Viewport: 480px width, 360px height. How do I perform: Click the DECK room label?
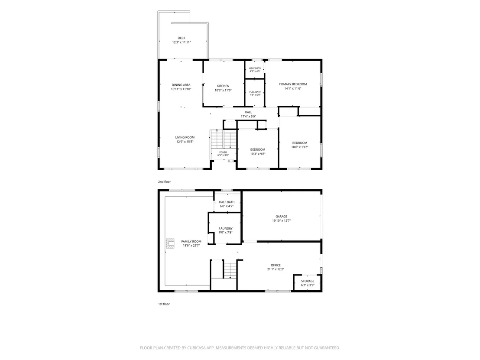182,38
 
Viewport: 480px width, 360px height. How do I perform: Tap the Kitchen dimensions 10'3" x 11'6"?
223,90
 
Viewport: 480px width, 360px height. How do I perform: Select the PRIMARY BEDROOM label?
293,84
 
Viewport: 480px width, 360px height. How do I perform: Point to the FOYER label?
223,152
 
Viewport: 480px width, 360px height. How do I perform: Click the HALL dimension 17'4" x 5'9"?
248,117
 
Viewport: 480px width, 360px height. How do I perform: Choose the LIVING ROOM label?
185,137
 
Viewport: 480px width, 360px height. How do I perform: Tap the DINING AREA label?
181,85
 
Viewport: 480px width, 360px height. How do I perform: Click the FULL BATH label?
255,92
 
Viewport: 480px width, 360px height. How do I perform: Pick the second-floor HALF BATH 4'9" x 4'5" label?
255,70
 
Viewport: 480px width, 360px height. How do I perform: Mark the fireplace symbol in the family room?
170,243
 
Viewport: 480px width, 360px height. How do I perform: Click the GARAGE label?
281,217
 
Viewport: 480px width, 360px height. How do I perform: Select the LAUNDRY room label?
226,228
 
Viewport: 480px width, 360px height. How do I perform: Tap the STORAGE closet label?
308,281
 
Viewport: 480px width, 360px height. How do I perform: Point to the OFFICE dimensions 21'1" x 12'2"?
276,269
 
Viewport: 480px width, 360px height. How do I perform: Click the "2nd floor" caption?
164,182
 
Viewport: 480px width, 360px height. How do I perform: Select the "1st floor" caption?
164,304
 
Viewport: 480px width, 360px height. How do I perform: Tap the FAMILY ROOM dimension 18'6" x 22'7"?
191,246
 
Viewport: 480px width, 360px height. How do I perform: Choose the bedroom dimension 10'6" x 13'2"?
300,147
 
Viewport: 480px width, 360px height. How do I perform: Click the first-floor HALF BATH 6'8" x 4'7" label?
227,204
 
